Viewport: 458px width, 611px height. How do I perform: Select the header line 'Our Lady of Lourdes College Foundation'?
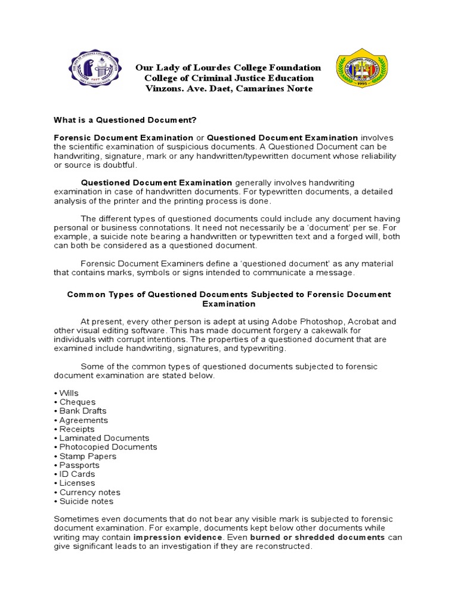point(228,68)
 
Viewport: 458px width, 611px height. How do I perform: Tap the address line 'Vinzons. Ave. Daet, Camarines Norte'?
point(228,89)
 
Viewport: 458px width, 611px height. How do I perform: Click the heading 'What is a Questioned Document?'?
point(125,120)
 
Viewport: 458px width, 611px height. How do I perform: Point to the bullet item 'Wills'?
point(67,393)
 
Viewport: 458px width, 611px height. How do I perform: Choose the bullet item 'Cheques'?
point(75,402)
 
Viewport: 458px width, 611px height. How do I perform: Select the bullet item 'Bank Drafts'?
point(81,411)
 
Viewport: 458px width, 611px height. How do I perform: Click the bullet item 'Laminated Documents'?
point(102,438)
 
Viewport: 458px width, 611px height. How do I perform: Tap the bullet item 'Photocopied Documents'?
point(106,447)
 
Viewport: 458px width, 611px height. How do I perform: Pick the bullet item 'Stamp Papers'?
point(86,456)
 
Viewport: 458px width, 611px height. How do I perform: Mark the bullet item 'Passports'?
point(78,465)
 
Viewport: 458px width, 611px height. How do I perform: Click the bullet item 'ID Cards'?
point(75,474)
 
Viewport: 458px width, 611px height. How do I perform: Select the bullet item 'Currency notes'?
point(88,492)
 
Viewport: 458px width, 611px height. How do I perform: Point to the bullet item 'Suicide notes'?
point(84,501)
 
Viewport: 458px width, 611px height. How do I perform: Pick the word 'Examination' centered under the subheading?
point(229,304)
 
